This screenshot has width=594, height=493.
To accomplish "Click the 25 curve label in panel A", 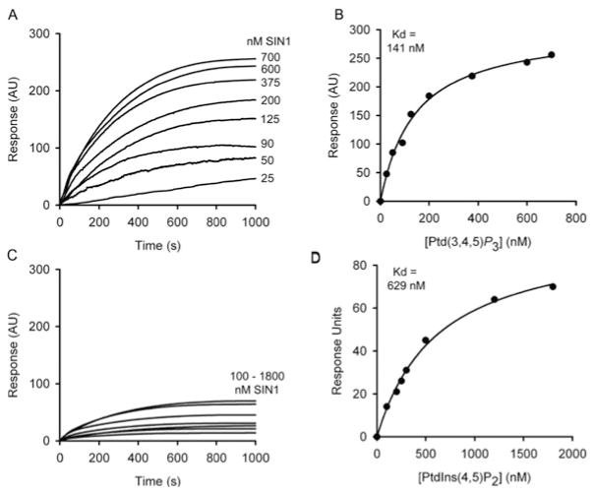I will tap(266, 178).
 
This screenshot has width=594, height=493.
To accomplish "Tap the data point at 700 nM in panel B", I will tap(551, 55).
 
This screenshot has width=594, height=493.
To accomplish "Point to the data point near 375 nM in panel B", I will tap(472, 76).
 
